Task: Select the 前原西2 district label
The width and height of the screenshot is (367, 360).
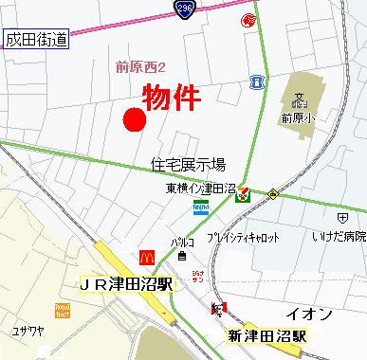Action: (140, 66)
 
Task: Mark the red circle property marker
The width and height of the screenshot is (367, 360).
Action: (134, 120)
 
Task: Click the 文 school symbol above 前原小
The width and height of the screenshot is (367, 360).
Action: (298, 99)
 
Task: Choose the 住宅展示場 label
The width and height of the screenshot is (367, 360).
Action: (188, 164)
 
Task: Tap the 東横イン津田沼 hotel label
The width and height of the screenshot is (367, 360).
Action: (196, 188)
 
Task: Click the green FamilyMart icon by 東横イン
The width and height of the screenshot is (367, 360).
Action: (244, 194)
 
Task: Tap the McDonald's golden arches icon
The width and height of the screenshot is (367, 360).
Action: (147, 256)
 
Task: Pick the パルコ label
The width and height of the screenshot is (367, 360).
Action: (183, 243)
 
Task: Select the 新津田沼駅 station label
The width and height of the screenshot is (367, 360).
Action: (266, 336)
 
